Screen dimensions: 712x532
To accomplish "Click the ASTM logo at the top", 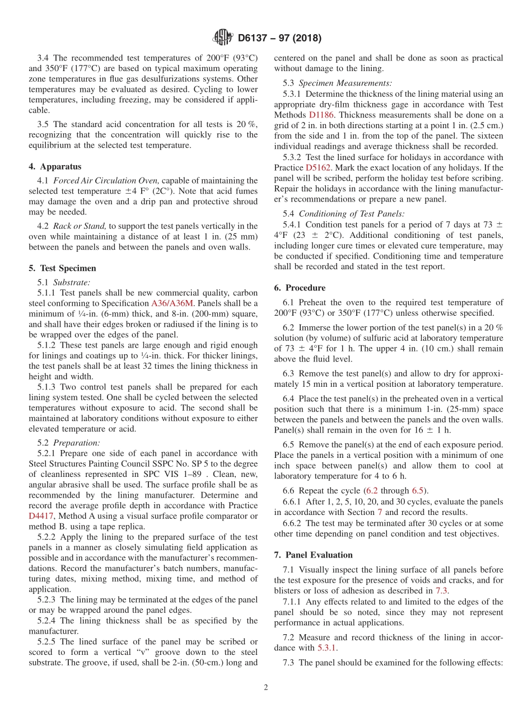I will pos(223,38).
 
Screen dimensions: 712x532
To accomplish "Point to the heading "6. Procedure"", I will pos(300,288).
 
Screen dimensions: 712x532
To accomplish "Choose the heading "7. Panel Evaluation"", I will pos(314,555).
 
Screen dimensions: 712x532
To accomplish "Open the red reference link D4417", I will pos(40,516).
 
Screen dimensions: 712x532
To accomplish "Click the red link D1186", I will pos(321,115).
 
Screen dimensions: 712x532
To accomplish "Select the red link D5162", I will pos(318,167).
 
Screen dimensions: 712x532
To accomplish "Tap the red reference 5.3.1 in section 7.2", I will pos(327,648).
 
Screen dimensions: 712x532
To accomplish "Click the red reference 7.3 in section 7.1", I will pos(441,591).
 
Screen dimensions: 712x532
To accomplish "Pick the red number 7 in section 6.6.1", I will pos(379,512).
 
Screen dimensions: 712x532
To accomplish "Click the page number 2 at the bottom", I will pos(266,687).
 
